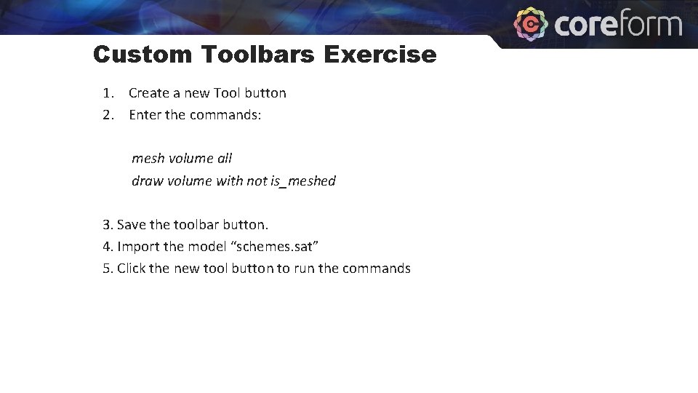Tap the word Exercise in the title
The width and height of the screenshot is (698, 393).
[x=380, y=55]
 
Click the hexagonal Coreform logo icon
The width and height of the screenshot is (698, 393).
[x=531, y=23]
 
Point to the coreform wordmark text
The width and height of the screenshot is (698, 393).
[x=619, y=24]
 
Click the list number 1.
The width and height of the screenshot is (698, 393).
[x=108, y=93]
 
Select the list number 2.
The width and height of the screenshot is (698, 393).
[x=108, y=115]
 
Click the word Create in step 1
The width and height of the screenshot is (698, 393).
[x=148, y=93]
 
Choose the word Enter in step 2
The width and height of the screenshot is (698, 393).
[x=145, y=115]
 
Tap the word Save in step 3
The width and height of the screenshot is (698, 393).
[x=132, y=225]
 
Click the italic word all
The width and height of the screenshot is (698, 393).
[x=225, y=159]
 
